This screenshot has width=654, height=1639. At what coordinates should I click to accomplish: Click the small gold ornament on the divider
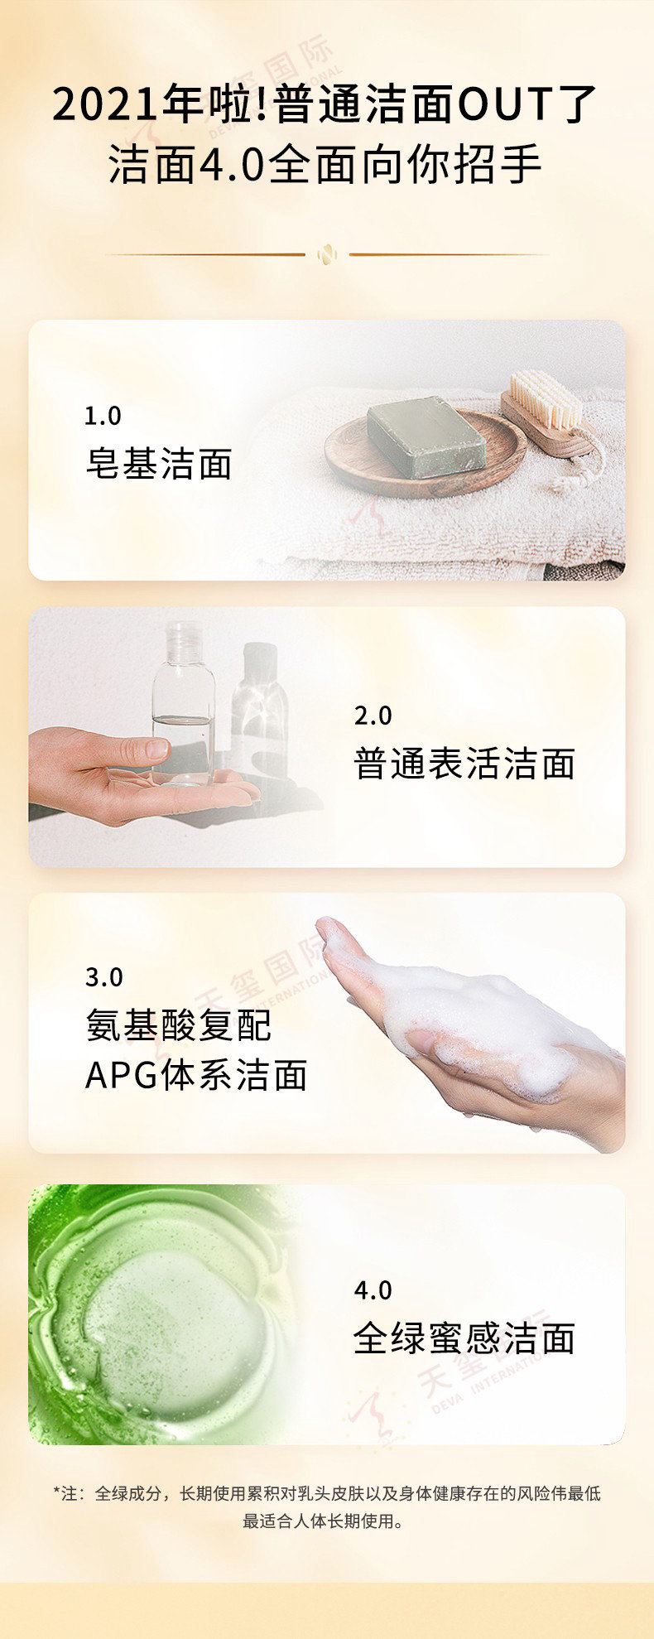point(327,254)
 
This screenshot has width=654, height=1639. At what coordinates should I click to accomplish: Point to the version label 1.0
point(103,416)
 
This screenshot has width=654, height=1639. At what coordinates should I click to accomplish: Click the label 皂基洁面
point(159,464)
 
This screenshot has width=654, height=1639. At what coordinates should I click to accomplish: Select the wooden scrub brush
point(548,412)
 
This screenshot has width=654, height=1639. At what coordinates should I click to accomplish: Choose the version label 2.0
point(373,716)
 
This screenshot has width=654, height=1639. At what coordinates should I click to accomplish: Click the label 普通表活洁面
point(464,764)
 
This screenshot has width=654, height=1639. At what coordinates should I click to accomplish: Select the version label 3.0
point(103,977)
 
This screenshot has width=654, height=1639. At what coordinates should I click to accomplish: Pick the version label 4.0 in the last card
point(373,1290)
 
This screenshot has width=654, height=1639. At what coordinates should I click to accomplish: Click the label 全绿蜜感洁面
point(464,1338)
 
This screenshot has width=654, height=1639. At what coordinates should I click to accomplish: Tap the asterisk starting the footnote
point(57,1492)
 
